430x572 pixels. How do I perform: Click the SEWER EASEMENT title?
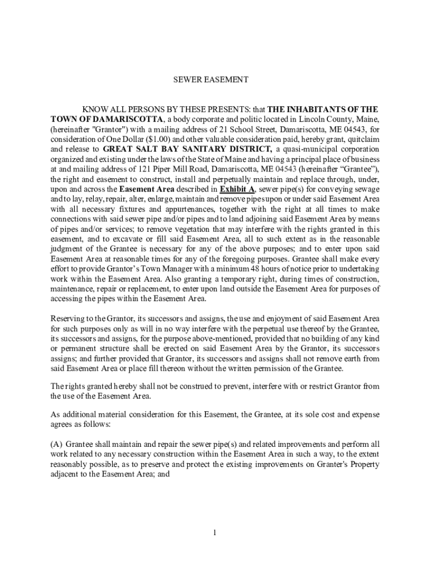tap(211, 80)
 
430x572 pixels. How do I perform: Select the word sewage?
tap(365, 189)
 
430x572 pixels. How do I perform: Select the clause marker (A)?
tap(57, 445)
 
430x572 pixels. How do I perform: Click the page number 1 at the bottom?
tap(214, 532)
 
